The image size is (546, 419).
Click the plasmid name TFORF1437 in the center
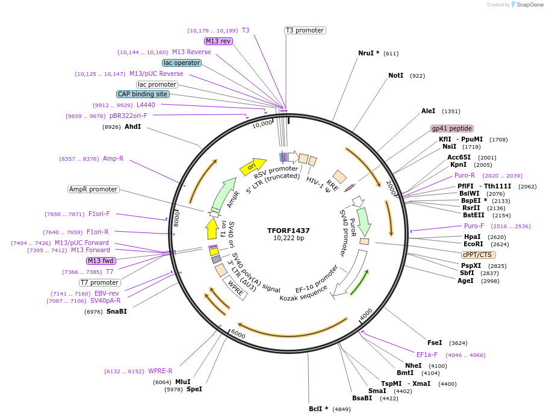(288, 230)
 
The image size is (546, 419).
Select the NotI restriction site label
(396, 76)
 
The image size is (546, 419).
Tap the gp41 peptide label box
(452, 128)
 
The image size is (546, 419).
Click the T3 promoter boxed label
(305, 30)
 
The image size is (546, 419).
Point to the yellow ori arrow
(253, 166)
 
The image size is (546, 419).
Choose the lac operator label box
(182, 63)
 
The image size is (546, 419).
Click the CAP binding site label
(143, 94)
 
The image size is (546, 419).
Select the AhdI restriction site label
(132, 126)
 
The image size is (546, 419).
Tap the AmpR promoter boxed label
(93, 189)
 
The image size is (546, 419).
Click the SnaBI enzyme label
(117, 311)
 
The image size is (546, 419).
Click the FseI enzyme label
(435, 343)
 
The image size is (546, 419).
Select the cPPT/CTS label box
(479, 255)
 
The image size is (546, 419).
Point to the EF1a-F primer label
(427, 355)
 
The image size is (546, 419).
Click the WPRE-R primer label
(160, 371)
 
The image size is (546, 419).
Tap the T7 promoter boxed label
(100, 282)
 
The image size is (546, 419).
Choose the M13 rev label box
(218, 41)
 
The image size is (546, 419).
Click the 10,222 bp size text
(288, 238)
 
